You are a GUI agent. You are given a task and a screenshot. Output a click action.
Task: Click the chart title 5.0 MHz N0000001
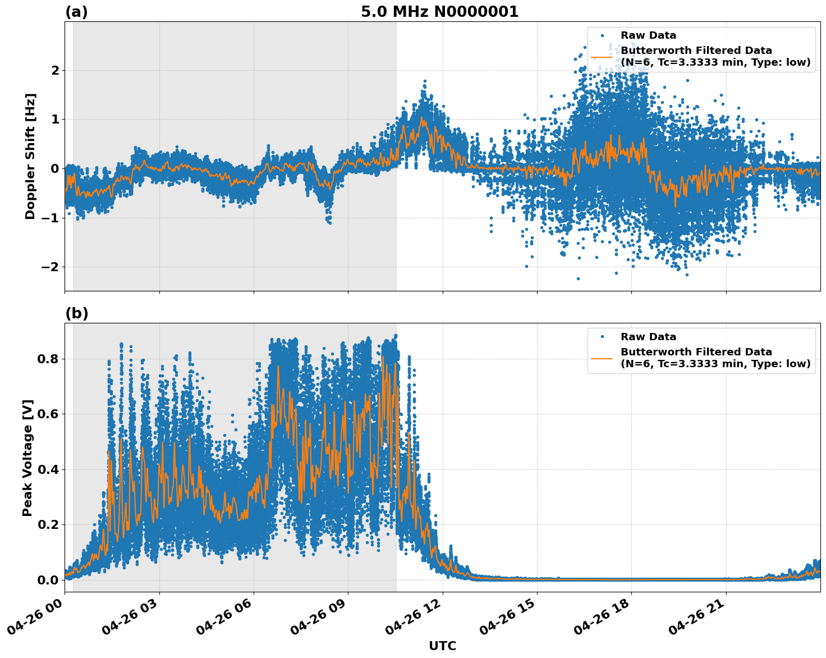[x=439, y=12]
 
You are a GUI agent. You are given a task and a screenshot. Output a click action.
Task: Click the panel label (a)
[x=76, y=12]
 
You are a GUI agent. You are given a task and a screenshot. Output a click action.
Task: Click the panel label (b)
[x=76, y=313]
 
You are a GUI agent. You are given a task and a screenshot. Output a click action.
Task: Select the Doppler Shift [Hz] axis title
[x=30, y=156]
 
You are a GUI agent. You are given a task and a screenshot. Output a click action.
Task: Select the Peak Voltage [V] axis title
[x=27, y=458]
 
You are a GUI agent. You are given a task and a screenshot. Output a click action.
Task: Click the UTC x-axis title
[x=442, y=646]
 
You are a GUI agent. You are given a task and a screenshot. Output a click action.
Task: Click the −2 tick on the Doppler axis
[x=51, y=267]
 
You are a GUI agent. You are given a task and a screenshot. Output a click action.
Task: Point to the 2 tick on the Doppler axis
[x=55, y=70]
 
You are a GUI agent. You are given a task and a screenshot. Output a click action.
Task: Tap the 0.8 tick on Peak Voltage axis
[x=47, y=359]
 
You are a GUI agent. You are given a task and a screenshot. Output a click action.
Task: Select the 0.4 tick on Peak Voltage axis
[x=47, y=469]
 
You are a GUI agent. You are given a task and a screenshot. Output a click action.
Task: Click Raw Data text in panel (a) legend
[x=648, y=35]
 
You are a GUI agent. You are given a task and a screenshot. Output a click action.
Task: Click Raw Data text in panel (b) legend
[x=648, y=337]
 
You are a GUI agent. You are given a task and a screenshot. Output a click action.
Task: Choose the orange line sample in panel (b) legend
[x=602, y=358]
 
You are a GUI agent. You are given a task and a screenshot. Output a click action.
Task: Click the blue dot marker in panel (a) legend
[x=602, y=35]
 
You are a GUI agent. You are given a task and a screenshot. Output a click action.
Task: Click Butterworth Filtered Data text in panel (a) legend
[x=696, y=51]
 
